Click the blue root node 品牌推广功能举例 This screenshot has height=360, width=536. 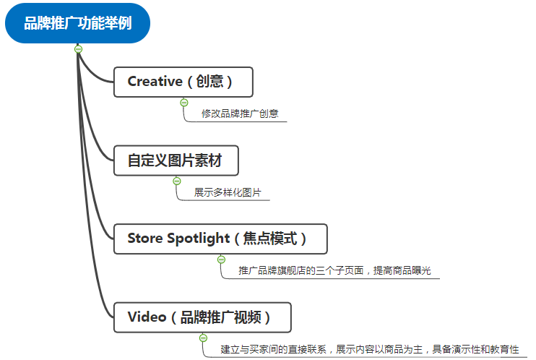(x=78, y=24)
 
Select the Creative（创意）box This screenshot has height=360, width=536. (x=183, y=82)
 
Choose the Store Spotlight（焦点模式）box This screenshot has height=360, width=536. (x=220, y=239)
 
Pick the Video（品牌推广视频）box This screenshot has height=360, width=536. (x=202, y=317)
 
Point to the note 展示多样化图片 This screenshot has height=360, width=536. (x=227, y=193)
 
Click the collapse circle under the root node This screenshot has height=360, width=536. (x=78, y=49)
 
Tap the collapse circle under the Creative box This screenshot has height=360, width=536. (x=184, y=103)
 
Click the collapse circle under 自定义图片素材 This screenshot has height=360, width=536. (x=177, y=181)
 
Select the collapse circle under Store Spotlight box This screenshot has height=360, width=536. (x=221, y=260)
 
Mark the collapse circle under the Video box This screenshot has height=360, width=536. (x=203, y=338)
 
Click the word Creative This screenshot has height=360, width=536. (x=155, y=82)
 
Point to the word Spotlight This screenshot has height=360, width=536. (x=198, y=239)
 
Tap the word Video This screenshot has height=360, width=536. (x=147, y=317)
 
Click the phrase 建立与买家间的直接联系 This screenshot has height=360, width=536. (x=275, y=349)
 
